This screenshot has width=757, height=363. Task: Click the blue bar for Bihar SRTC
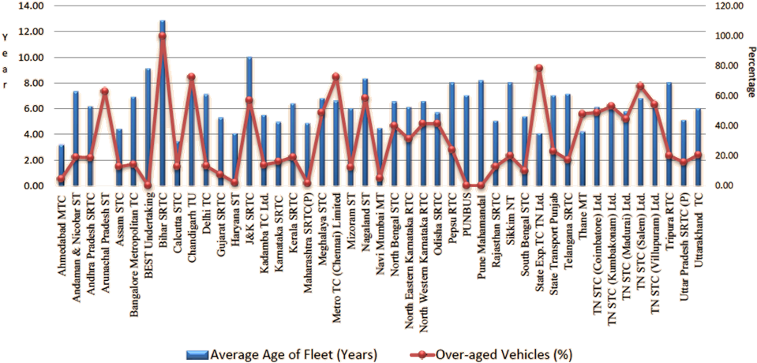click(162, 103)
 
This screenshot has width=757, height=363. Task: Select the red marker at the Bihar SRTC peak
click(162, 36)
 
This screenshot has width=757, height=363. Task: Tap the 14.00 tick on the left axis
click(33, 6)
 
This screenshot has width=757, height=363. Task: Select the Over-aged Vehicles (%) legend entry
click(493, 354)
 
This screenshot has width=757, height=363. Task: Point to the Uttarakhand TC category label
click(699, 232)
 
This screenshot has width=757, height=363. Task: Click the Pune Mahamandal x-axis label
click(481, 236)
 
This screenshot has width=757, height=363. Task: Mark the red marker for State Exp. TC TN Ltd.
click(539, 68)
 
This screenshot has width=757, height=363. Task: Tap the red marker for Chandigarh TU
click(191, 77)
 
